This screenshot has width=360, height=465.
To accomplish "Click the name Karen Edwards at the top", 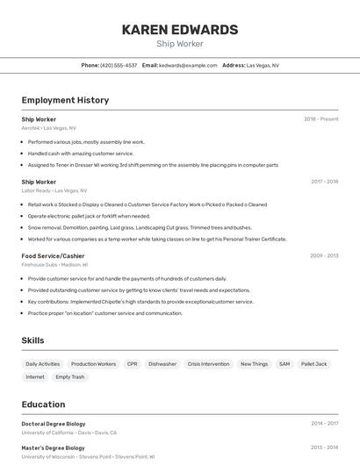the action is [x=180, y=30].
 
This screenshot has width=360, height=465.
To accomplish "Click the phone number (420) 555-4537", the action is [x=119, y=65].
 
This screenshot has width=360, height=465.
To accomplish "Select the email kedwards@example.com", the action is [x=188, y=65].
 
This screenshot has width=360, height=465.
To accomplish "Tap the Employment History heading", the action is [x=65, y=100].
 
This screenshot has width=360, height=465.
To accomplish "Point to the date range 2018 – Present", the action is [x=321, y=118].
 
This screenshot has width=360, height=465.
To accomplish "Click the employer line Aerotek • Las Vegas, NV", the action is [x=48, y=127].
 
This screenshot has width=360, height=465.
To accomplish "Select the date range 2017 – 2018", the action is [x=324, y=182].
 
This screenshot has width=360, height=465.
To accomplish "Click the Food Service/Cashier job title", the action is [x=53, y=255].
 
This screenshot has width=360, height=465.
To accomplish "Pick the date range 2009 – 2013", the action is [x=324, y=255].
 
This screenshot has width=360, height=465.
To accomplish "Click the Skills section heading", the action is [x=33, y=340].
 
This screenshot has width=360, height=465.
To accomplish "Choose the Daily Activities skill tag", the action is [x=43, y=363].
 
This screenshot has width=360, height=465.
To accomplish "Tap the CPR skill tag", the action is [x=132, y=363].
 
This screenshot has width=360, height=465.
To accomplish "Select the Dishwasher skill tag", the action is [x=162, y=363].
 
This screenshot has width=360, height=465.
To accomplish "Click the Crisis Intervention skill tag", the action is [x=208, y=363].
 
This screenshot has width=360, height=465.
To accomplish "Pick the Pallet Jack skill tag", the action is [x=313, y=363].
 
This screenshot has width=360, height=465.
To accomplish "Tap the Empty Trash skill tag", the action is [x=70, y=376].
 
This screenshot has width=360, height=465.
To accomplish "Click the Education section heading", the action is [x=43, y=404].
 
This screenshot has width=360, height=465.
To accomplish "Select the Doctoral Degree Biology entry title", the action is [x=54, y=424].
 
